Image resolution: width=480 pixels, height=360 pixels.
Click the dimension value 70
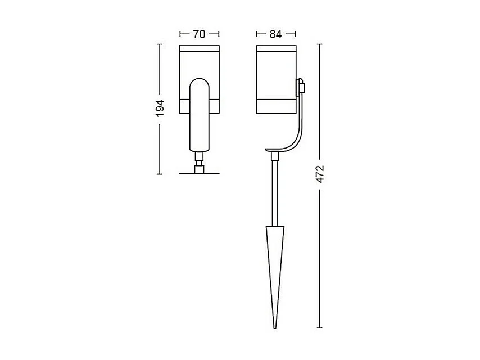199,34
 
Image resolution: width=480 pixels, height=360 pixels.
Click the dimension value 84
275,34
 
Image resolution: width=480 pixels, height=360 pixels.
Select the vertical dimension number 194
160,108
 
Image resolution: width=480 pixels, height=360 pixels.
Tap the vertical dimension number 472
320,174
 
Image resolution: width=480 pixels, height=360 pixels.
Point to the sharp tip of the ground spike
275,328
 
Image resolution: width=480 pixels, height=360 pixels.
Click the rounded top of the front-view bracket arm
200,81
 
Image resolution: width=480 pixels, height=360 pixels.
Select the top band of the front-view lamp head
200,49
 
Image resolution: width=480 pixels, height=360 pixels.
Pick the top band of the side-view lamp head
276,49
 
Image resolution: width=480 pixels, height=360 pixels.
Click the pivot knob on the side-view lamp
301,86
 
